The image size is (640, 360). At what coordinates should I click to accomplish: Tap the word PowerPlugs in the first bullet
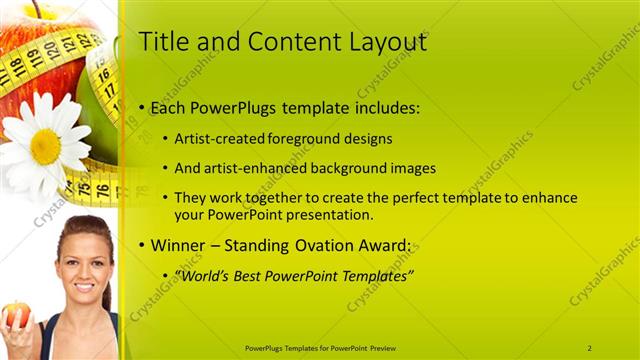(237, 107)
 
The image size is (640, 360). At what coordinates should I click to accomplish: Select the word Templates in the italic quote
(373, 275)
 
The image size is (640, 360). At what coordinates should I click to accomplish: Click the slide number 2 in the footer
(589, 347)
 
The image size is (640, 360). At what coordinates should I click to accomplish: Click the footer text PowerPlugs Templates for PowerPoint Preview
(320, 347)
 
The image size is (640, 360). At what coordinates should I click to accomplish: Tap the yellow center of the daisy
(45, 146)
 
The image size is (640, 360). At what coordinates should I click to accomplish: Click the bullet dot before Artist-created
(166, 139)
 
